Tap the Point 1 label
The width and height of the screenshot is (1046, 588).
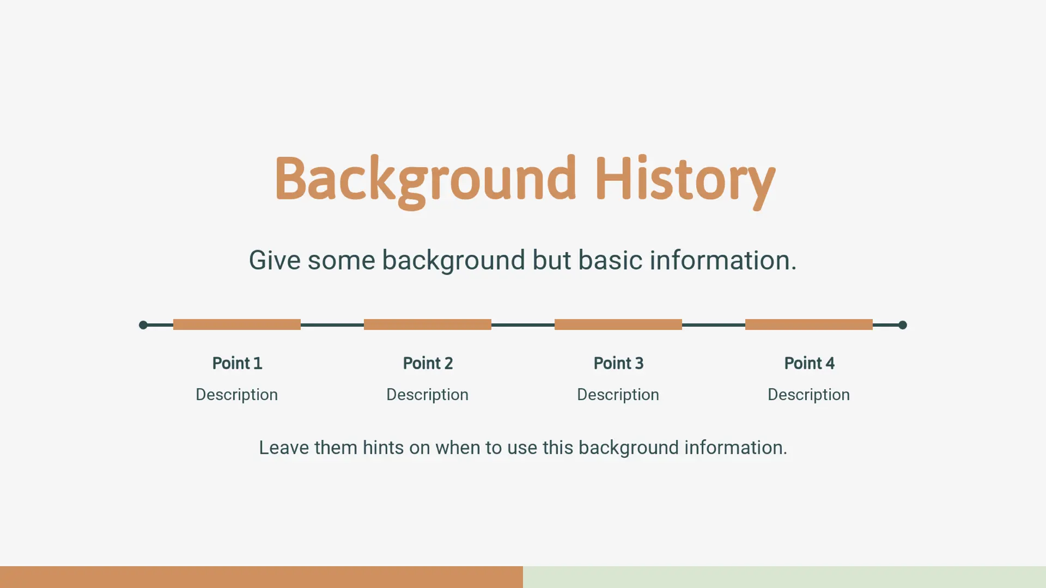pyautogui.click(x=237, y=363)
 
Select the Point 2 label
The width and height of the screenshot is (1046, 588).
pyautogui.click(x=428, y=363)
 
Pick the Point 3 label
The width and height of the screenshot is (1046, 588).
pyautogui.click(x=618, y=363)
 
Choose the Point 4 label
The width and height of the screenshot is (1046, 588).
pyautogui.click(x=809, y=363)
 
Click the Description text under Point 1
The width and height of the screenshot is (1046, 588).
pyautogui.click(x=237, y=395)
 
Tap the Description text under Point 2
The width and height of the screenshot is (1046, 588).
pyautogui.click(x=428, y=395)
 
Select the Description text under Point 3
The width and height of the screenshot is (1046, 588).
pyautogui.click(x=618, y=395)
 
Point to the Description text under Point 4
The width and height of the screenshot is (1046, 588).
pyautogui.click(x=809, y=395)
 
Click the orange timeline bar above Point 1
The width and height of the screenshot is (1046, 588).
pyautogui.click(x=237, y=324)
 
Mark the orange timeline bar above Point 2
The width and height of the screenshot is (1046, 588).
pyautogui.click(x=428, y=324)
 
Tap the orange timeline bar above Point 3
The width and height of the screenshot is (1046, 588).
pyautogui.click(x=618, y=324)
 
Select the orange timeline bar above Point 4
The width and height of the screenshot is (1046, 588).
pyautogui.click(x=809, y=324)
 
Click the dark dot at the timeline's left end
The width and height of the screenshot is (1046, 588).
pyautogui.click(x=143, y=325)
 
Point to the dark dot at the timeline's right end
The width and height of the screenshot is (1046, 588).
pyautogui.click(x=903, y=325)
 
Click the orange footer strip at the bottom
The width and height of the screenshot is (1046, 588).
pyautogui.click(x=261, y=577)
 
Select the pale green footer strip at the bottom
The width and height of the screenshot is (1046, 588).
pyautogui.click(x=784, y=577)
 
